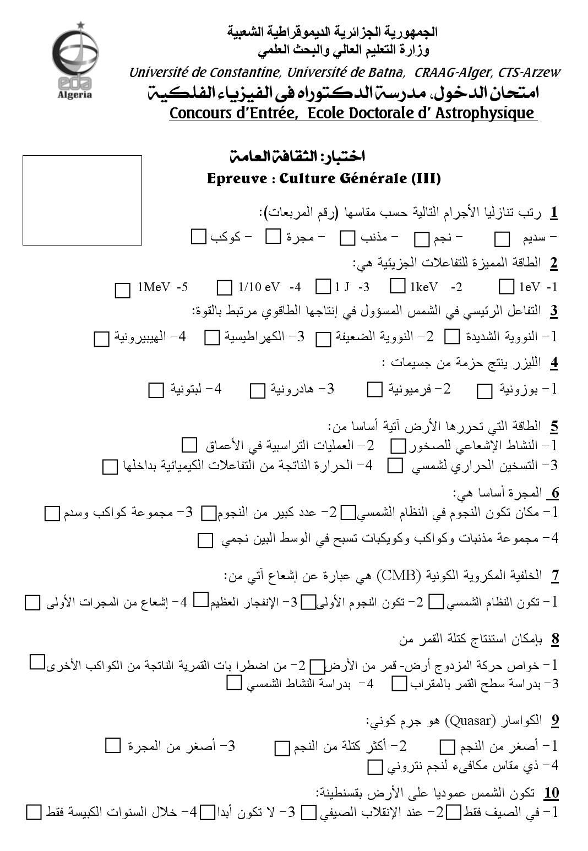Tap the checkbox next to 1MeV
(122, 290)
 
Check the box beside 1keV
(398, 286)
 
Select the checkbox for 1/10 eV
(224, 287)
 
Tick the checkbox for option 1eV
(506, 287)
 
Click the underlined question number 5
(554, 426)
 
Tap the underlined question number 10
(551, 793)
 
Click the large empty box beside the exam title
(82, 200)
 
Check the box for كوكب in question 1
(198, 237)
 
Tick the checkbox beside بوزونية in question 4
(484, 391)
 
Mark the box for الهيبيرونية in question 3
(101, 339)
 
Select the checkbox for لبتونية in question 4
(156, 390)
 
